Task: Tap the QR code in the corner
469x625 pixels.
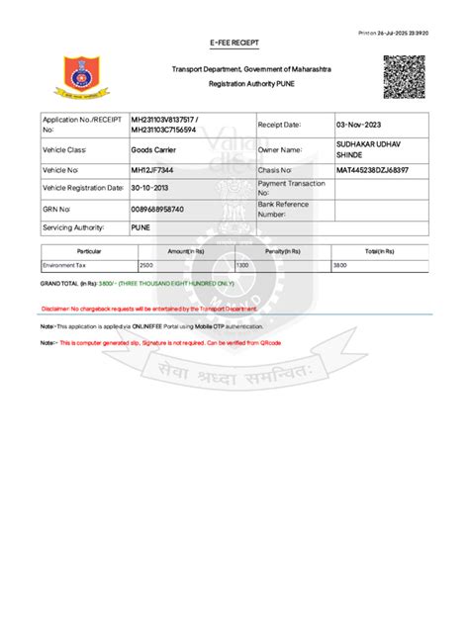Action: click(x=404, y=77)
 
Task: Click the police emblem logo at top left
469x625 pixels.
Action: click(x=75, y=79)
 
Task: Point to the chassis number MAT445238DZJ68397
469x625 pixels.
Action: click(x=372, y=171)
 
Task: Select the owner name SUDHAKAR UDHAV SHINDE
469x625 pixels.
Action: click(x=363, y=149)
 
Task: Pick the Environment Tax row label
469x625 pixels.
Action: click(x=63, y=266)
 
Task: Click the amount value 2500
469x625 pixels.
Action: click(x=146, y=266)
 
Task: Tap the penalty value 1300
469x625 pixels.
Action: click(x=242, y=266)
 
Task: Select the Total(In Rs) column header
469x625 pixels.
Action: click(x=380, y=252)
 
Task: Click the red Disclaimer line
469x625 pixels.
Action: click(x=148, y=309)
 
